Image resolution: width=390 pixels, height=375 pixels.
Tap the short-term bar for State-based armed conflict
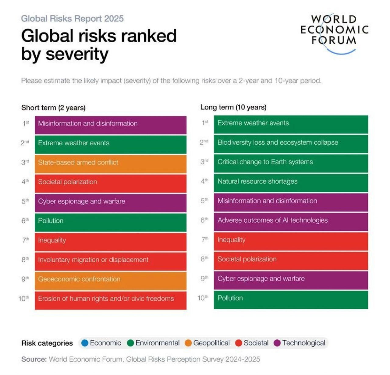pos(110,164)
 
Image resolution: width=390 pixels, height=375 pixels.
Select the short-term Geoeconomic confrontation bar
pos(110,281)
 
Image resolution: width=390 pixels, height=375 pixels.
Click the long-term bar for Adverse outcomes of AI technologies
pos(291,221)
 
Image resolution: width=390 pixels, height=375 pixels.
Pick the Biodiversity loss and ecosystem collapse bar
pos(291,143)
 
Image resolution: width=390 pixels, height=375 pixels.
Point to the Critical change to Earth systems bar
pos(291,163)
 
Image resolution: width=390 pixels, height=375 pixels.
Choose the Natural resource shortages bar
pos(291,182)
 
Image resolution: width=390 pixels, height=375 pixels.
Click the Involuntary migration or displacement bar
pos(110,261)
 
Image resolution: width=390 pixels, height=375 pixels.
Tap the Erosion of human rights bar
pos(110,300)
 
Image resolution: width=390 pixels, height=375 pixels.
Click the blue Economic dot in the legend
pos(85,343)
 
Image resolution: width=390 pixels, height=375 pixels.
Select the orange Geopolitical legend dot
pos(188,343)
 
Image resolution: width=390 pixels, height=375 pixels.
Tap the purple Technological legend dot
pos(277,343)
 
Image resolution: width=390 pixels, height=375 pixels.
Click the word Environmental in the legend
pos(158,343)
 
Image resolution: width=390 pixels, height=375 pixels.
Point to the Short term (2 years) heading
pos(53,108)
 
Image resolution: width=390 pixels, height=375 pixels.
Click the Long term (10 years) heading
pos(233,107)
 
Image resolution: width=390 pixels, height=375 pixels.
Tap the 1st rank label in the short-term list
pos(26,123)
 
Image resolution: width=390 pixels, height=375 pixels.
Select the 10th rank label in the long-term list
pos(203,298)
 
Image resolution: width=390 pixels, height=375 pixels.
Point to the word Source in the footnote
pos(34,359)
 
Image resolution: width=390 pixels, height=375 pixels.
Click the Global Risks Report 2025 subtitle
pos(72,19)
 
